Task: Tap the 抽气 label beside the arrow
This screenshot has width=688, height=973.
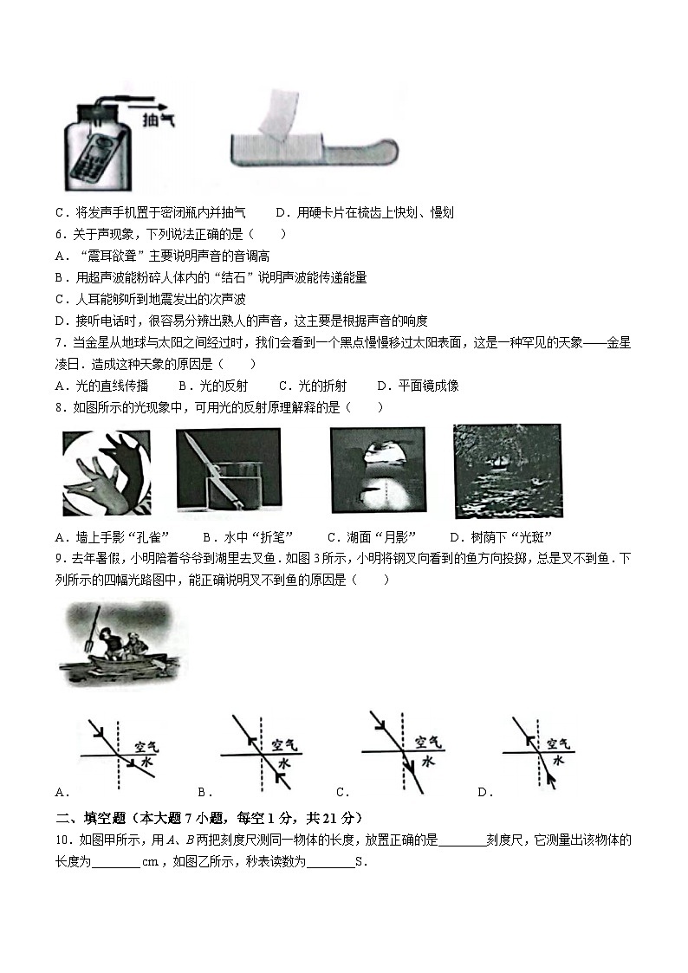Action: point(158,120)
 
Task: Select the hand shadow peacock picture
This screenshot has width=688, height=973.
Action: point(106,473)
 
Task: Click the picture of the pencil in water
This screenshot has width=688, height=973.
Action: point(228,472)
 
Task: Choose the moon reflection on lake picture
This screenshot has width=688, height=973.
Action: point(378,472)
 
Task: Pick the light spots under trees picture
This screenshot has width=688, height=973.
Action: point(507,472)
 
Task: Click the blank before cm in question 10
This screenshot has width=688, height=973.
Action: point(115,861)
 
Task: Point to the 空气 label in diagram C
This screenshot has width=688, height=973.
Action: point(427,743)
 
